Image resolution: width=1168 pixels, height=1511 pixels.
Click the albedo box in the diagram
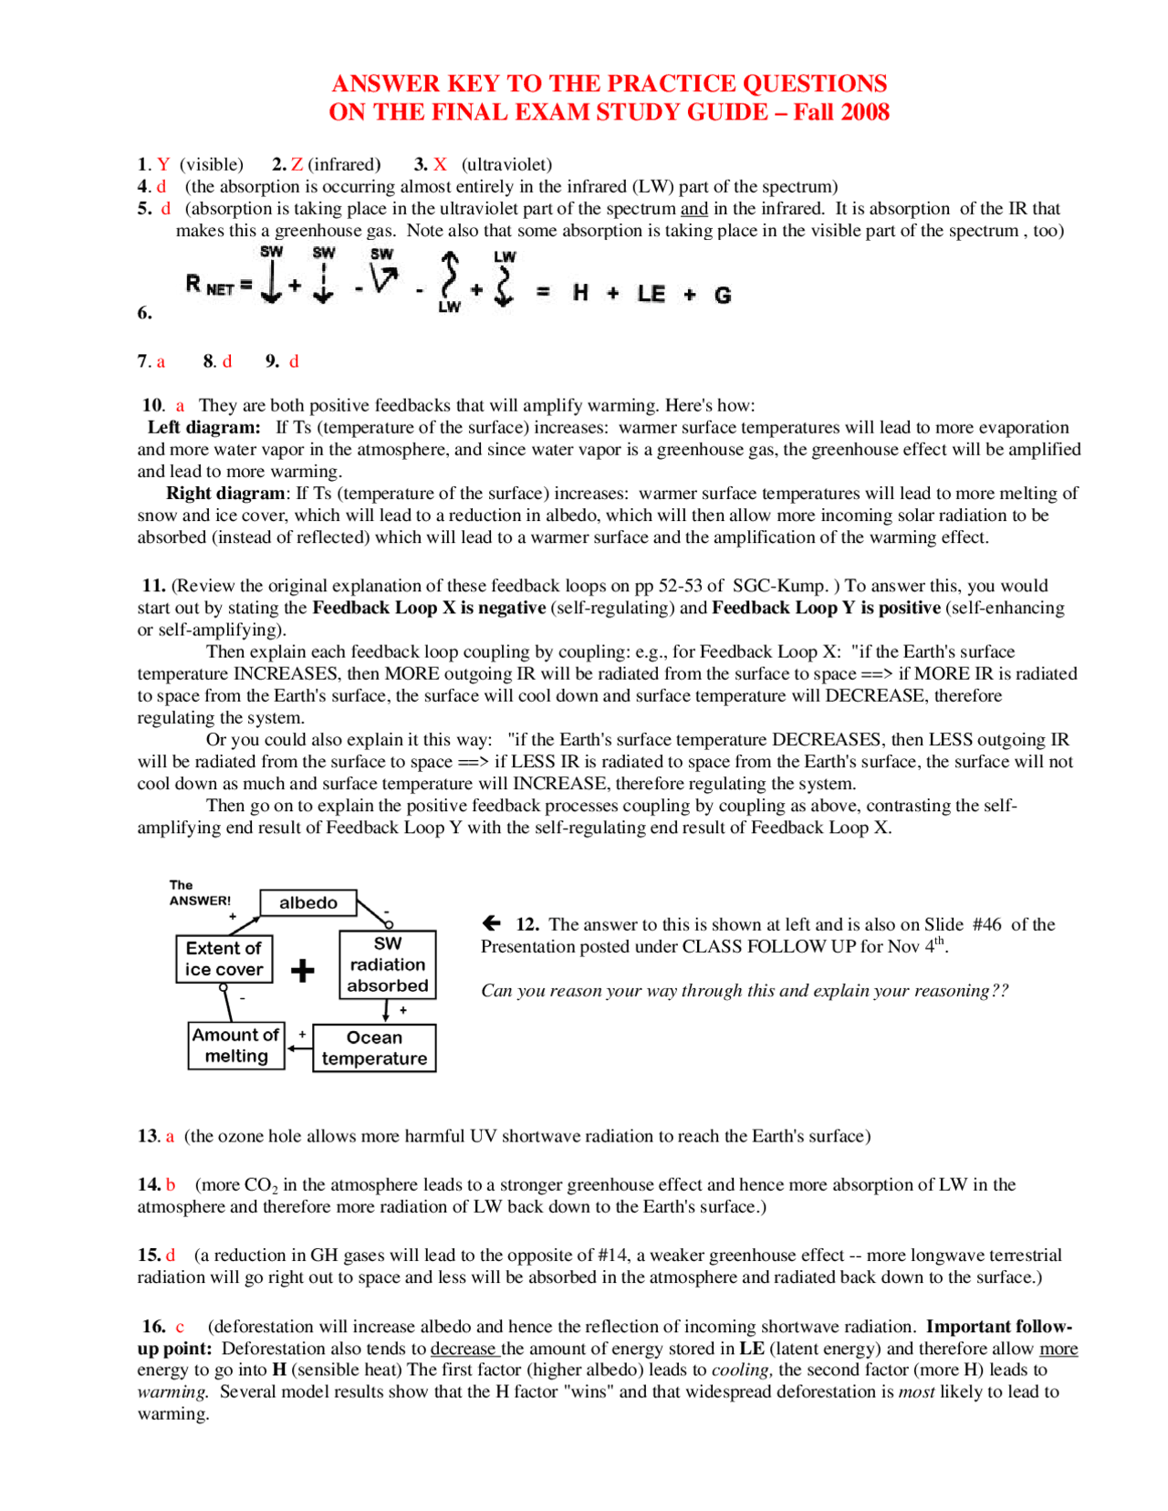[308, 902]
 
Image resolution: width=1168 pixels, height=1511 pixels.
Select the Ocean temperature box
[374, 1047]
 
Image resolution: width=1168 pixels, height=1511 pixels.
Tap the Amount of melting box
[236, 1046]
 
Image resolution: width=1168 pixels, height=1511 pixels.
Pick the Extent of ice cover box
[224, 959]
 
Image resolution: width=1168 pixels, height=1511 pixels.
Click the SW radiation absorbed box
[387, 964]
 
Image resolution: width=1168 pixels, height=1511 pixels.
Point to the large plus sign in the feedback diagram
[303, 970]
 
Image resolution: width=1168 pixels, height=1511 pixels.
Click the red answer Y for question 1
[163, 164]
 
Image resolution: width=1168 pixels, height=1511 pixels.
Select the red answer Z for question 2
[297, 164]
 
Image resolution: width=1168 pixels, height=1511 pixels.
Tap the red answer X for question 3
[440, 164]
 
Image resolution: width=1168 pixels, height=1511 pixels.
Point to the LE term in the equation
[651, 294]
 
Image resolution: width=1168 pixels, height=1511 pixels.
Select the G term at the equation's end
[723, 295]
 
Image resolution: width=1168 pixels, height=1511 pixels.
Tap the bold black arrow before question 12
[492, 923]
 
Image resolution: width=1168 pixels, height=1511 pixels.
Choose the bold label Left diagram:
[203, 427]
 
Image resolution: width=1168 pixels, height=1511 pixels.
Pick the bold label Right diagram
[224, 494]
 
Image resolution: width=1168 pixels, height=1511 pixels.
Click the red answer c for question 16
[180, 1327]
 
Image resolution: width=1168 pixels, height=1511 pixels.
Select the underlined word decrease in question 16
[464, 1349]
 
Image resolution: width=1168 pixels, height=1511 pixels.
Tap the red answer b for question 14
[171, 1185]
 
